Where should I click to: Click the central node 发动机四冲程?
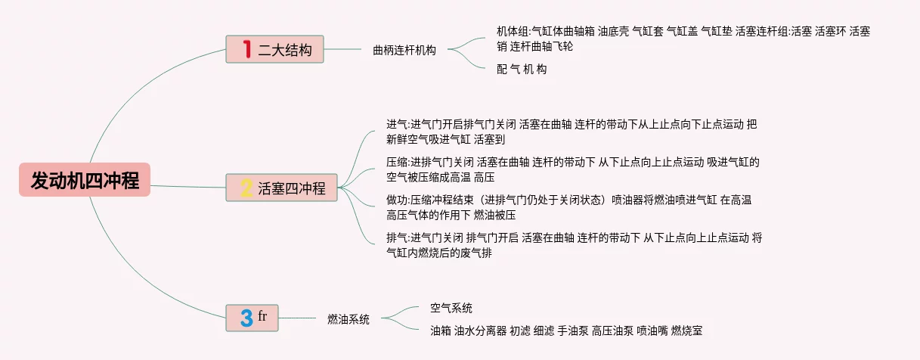click(x=85, y=180)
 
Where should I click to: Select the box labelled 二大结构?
click(x=274, y=50)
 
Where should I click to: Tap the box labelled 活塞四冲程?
click(x=282, y=188)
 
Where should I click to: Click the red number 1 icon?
click(x=246, y=50)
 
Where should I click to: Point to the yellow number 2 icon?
click(x=246, y=188)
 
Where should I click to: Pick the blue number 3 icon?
click(x=246, y=318)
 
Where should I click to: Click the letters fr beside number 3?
click(x=262, y=315)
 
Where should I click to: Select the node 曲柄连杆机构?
click(x=404, y=50)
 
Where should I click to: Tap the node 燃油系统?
click(x=348, y=319)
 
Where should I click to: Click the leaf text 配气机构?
click(x=522, y=69)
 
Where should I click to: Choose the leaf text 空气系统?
click(x=451, y=308)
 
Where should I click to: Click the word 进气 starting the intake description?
click(x=396, y=124)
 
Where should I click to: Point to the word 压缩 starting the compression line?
click(x=396, y=162)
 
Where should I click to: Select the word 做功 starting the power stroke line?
click(x=396, y=200)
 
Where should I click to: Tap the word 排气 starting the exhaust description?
click(x=396, y=237)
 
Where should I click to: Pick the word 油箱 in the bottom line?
click(x=440, y=331)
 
